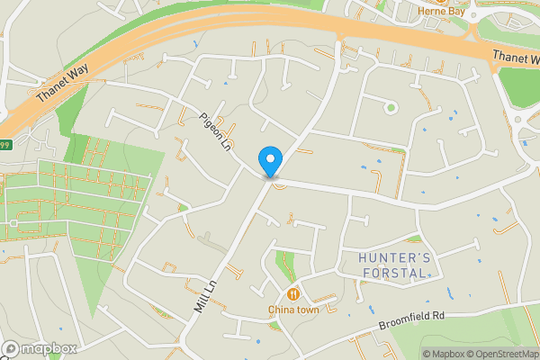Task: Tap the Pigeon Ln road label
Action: point(216,131)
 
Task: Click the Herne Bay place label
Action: point(441,11)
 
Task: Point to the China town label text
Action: point(293,310)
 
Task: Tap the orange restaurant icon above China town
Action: point(293,294)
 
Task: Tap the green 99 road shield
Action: point(4,144)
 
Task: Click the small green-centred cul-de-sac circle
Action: point(390,108)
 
